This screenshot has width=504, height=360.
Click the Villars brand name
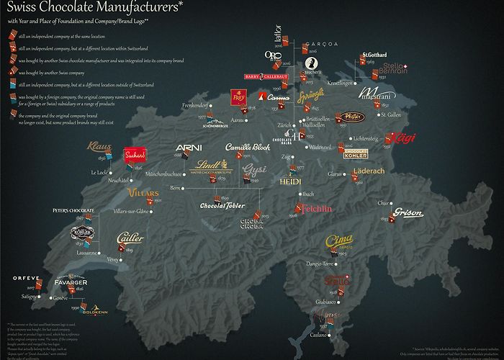point(144,193)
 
